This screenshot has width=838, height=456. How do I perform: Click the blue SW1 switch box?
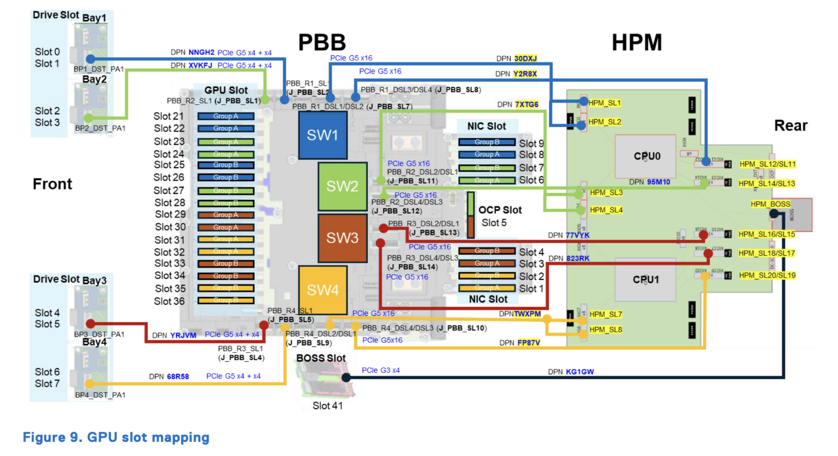pyautogui.click(x=322, y=135)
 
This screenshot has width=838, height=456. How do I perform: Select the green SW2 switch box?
pyautogui.click(x=342, y=186)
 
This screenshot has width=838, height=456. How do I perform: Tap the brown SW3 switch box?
pyautogui.click(x=342, y=238)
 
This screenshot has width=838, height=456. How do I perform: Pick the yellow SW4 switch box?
pyautogui.click(x=322, y=290)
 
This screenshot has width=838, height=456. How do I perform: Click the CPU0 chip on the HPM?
pyautogui.click(x=647, y=156)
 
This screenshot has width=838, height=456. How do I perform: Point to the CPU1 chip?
pyautogui.click(x=645, y=280)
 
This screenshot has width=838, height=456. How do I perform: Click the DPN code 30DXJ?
pyautogui.click(x=525, y=58)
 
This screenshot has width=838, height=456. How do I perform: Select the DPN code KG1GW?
pyautogui.click(x=579, y=372)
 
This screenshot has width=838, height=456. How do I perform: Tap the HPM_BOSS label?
pyautogui.click(x=770, y=204)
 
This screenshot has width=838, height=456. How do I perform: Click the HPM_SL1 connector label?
pyautogui.click(x=604, y=103)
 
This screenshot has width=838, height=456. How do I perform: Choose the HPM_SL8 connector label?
pyautogui.click(x=606, y=329)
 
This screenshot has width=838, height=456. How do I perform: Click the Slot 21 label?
pyautogui.click(x=169, y=116)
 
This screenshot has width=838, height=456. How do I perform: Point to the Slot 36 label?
pyautogui.click(x=169, y=301)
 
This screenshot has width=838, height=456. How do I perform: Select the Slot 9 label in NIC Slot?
pyautogui.click(x=531, y=144)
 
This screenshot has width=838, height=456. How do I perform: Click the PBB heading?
pyautogui.click(x=322, y=43)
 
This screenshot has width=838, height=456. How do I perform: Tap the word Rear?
pyautogui.click(x=791, y=126)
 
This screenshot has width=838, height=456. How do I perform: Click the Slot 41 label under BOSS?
pyautogui.click(x=327, y=406)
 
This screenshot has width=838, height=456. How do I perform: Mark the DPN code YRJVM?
pyautogui.click(x=183, y=335)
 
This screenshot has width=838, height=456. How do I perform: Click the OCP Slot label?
pyautogui.click(x=500, y=210)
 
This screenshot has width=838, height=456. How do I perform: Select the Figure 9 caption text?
pyautogui.click(x=116, y=437)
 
